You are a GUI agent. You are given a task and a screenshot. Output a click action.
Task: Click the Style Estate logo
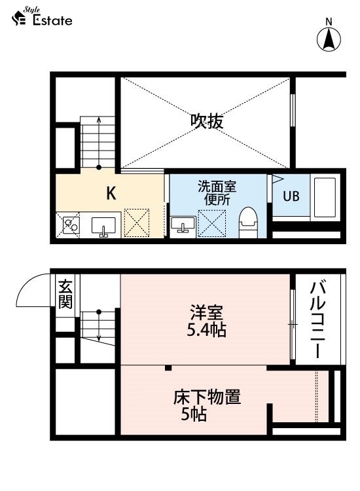[42, 16]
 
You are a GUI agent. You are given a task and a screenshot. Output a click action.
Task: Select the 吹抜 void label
[207, 122]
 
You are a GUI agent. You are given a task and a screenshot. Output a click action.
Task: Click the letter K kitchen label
[111, 193]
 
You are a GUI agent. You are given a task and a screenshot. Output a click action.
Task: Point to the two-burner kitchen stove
[71, 225]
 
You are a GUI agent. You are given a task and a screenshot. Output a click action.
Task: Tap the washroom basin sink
[183, 225]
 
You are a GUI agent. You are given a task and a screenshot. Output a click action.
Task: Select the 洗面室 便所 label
[217, 193]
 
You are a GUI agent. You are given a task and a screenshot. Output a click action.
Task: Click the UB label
[291, 196]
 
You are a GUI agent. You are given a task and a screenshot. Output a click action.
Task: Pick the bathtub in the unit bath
[325, 197]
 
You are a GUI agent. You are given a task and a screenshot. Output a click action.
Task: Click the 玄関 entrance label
[65, 294]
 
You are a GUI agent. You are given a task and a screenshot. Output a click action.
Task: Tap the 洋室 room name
[207, 312]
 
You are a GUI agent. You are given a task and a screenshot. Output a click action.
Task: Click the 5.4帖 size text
[207, 330]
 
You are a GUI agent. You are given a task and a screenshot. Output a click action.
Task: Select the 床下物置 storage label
[207, 397]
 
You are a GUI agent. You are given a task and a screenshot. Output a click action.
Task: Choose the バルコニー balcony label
[317, 319]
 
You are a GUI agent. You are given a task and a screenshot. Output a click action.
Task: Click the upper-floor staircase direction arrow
[99, 143]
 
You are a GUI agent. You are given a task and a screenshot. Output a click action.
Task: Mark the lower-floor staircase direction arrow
[99, 325]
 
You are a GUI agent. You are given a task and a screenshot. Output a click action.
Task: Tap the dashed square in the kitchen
[137, 223]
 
